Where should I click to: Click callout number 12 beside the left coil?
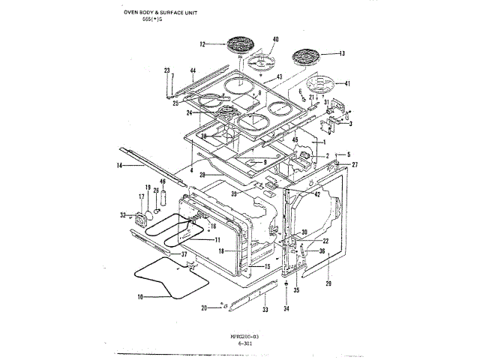[x=202, y=44]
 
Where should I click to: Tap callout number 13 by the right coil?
[x=341, y=53]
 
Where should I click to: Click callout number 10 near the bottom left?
[x=139, y=296]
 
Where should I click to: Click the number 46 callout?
[x=163, y=182]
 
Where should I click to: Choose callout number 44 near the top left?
[x=193, y=70]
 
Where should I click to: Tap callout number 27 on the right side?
[x=355, y=163]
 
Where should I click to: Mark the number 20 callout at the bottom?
[x=204, y=308]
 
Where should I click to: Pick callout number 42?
[x=317, y=193]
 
